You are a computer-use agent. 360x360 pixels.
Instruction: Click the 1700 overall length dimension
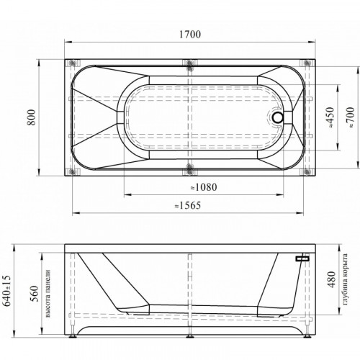pyautogui.click(x=190, y=35)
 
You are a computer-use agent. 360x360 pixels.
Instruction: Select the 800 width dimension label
pyautogui.click(x=32, y=117)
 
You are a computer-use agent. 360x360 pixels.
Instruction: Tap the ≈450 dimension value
pyautogui.click(x=330, y=117)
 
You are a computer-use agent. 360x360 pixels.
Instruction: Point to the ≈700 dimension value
pyautogui.click(x=351, y=117)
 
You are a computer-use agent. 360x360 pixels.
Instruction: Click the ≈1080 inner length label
pyautogui.click(x=204, y=187)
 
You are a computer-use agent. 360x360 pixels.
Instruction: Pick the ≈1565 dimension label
pyautogui.click(x=187, y=205)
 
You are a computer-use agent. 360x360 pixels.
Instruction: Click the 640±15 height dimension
pyautogui.click(x=7, y=291)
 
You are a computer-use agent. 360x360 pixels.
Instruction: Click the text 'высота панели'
pyautogui.click(x=48, y=294)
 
